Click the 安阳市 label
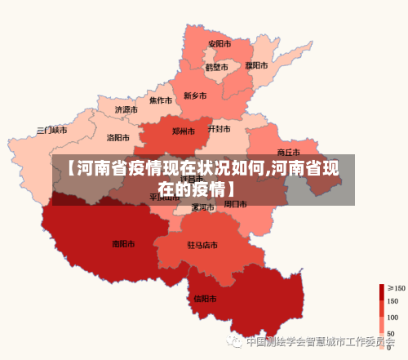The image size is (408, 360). (x=219, y=43)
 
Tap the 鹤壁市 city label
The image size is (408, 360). (x=216, y=67)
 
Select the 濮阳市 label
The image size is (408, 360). (x=256, y=64)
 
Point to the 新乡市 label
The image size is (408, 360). (x=196, y=96)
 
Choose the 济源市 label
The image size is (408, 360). (x=126, y=109)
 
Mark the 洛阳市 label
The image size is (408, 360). (x=119, y=138)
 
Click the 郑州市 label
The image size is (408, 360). (x=184, y=131)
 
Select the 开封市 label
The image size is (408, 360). (x=219, y=129)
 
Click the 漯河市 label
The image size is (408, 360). (x=202, y=207)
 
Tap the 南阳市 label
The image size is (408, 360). (x=124, y=243)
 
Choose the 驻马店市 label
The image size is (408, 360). (x=202, y=245)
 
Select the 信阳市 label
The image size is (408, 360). (x=206, y=298)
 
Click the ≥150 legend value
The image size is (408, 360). (x=396, y=287)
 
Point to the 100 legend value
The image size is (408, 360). (x=392, y=317)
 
